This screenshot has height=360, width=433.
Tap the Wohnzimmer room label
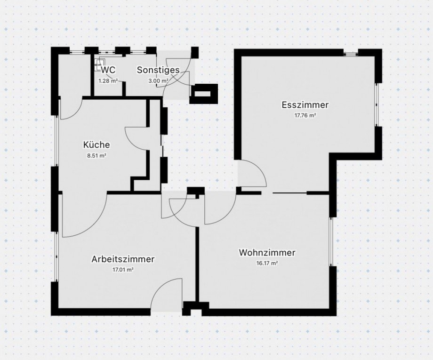tap(267, 253)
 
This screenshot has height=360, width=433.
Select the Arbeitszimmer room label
tap(123, 259)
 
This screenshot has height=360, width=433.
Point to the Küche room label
tap(96, 144)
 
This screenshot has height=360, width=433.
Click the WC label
tap(108, 70)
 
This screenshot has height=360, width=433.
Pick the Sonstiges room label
tap(158, 70)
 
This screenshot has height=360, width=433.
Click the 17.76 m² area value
tap(305, 115)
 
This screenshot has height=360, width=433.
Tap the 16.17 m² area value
tap(267, 264)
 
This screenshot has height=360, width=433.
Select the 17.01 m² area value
tap(123, 270)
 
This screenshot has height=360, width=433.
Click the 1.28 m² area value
tap(107, 80)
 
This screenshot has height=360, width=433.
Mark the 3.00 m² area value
tap(158, 80)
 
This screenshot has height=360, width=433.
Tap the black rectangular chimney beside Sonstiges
tap(204, 94)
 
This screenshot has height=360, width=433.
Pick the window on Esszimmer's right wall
tap(377, 104)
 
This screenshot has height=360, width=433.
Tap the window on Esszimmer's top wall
tap(351, 53)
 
